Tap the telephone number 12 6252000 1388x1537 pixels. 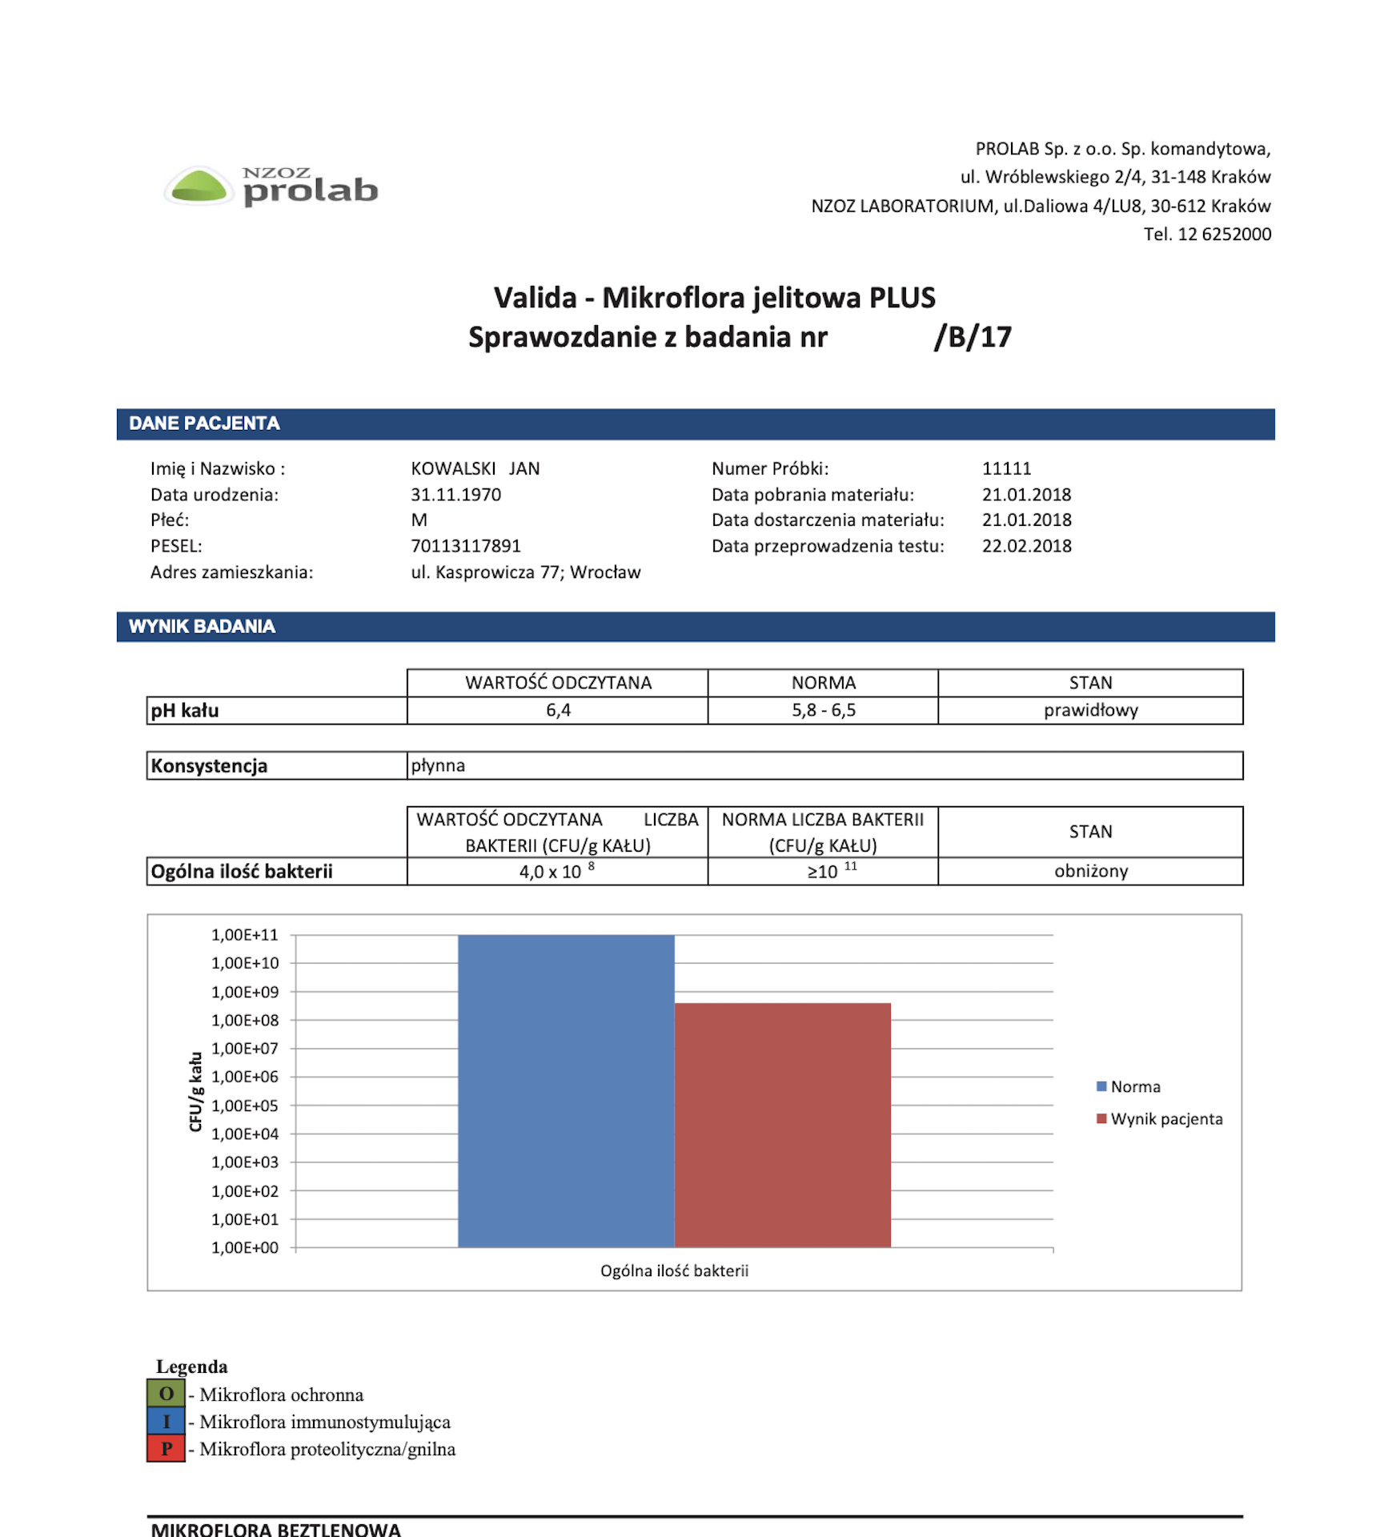(1224, 235)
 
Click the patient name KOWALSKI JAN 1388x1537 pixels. (475, 469)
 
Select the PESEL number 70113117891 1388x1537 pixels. (466, 546)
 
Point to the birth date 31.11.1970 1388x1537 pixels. (456, 495)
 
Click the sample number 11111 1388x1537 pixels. (1006, 469)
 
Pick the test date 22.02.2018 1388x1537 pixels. (1026, 546)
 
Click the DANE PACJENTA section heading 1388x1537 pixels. (205, 423)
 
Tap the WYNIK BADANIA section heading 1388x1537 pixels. (202, 627)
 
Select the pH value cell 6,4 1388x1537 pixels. (558, 711)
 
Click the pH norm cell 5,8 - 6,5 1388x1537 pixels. (824, 711)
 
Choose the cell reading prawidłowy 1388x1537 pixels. (1090, 711)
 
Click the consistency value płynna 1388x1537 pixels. (438, 766)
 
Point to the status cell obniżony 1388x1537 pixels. (1090, 872)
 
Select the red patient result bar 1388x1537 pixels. (782, 1125)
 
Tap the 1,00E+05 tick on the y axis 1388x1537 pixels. (245, 1106)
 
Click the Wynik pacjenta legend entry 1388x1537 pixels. (1165, 1119)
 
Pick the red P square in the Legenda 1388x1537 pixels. (166, 1449)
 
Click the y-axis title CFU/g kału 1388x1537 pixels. (196, 1091)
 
